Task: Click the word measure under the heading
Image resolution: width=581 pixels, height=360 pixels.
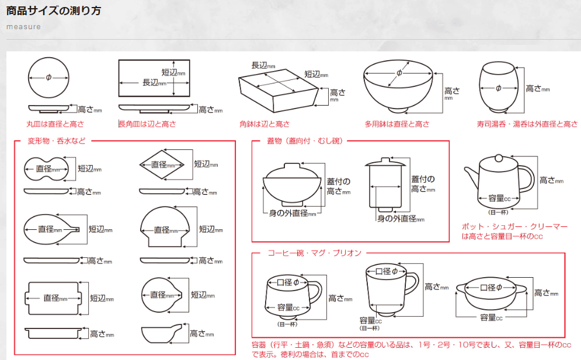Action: tap(23, 27)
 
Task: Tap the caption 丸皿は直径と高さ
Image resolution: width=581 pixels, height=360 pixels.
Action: tap(55, 124)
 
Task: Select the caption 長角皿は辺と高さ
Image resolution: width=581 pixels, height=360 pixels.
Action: tap(147, 124)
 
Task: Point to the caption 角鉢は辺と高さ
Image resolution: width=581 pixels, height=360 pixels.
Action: tap(264, 124)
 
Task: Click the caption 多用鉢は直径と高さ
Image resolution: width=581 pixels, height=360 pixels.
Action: tap(397, 124)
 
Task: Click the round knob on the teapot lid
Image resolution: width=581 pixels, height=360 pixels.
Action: tap(497, 157)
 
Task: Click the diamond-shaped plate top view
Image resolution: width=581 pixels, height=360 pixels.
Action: tap(159, 165)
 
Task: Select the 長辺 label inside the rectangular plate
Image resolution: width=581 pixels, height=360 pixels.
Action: tap(154, 83)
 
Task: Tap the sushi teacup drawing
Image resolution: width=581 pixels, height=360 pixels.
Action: tap(498, 88)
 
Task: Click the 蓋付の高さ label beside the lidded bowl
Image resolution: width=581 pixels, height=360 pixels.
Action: tap(337, 187)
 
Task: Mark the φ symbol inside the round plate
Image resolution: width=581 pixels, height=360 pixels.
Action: tap(49, 78)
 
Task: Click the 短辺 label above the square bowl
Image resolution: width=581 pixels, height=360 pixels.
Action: tap(315, 75)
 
